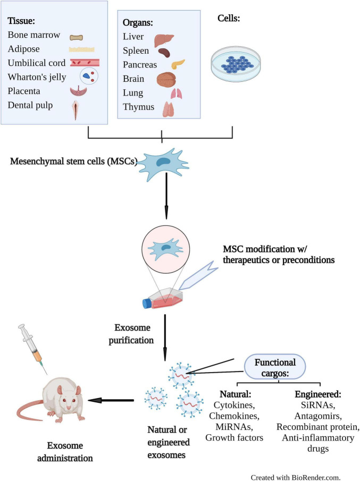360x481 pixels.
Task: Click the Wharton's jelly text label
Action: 37,77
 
